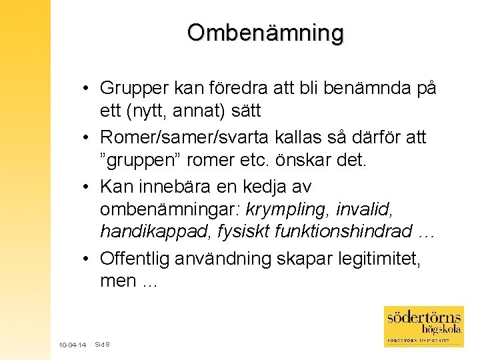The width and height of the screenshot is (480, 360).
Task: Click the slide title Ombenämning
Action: coord(265,32)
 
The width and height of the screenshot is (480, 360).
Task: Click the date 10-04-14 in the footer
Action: coord(72,345)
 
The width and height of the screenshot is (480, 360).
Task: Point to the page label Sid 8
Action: coord(103,344)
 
